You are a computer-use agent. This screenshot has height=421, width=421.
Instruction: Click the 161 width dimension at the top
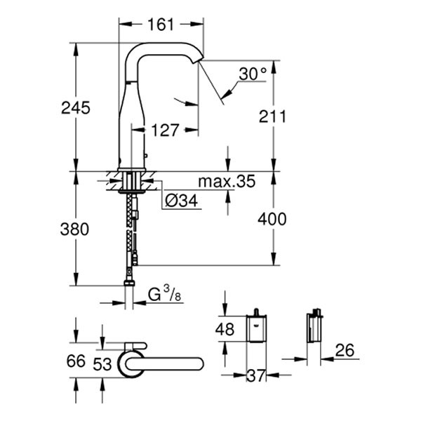click(x=161, y=25)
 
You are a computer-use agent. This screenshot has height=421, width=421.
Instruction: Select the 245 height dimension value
click(x=75, y=108)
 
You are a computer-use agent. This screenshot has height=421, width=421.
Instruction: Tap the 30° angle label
click(x=253, y=74)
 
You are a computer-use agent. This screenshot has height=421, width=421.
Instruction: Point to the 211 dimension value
click(x=272, y=116)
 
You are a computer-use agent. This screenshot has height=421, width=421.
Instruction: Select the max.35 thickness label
click(x=225, y=183)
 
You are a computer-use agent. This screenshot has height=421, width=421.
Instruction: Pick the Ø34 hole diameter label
click(x=182, y=202)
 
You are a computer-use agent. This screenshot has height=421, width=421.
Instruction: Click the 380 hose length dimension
click(x=75, y=229)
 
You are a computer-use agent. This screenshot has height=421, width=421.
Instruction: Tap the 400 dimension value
click(x=272, y=220)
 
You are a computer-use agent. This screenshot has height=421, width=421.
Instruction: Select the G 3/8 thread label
click(x=164, y=295)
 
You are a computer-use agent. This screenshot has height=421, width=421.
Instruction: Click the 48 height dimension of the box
click(x=225, y=328)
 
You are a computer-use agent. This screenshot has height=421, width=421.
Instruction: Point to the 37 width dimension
click(x=257, y=376)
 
